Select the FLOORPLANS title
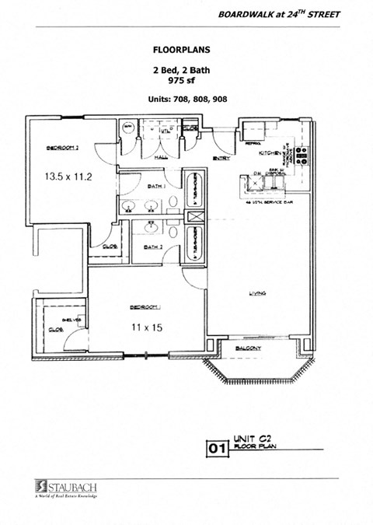point(182,48)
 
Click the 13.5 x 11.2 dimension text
point(69,177)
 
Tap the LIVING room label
point(257,293)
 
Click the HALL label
point(161,158)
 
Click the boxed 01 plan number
point(217,449)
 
